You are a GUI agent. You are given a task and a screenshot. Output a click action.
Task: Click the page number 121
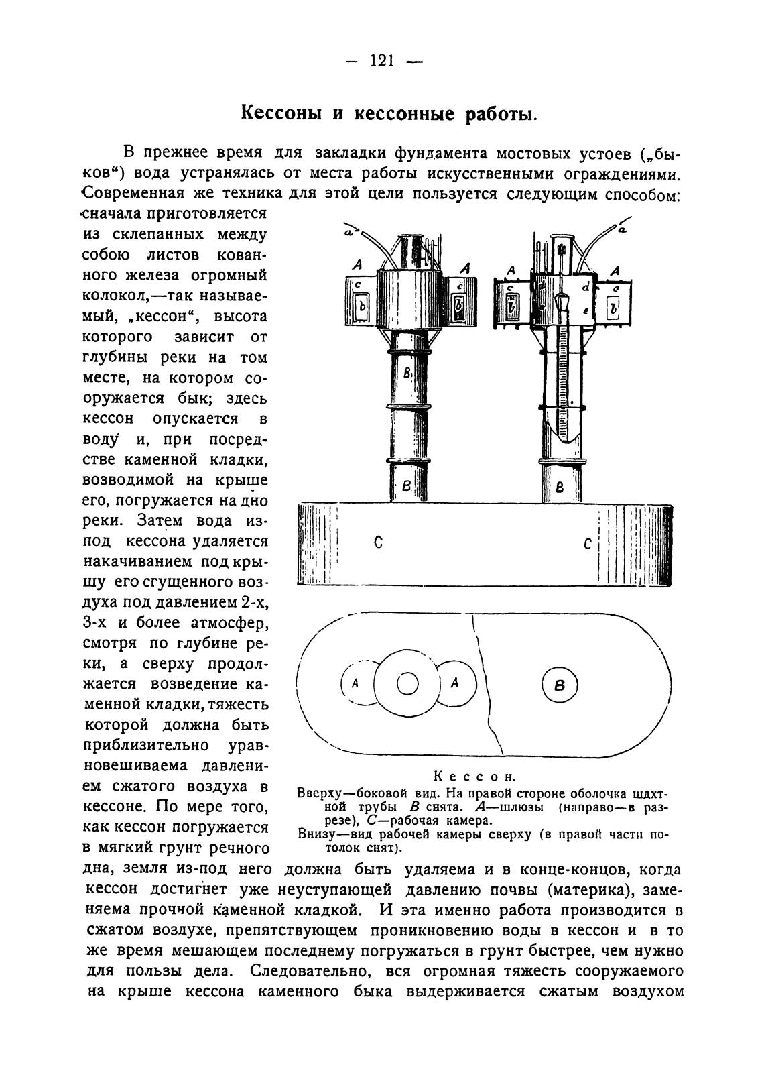pyautogui.click(x=381, y=62)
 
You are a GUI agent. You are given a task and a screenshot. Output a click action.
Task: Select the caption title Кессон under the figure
pyautogui.click(x=474, y=777)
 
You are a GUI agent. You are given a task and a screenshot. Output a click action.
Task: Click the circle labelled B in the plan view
pyautogui.click(x=560, y=685)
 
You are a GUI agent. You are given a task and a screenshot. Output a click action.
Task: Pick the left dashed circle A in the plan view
pyautogui.click(x=356, y=683)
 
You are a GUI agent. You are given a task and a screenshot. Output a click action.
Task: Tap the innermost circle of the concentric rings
pyautogui.click(x=407, y=684)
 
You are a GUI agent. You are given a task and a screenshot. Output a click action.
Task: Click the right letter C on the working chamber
pyautogui.click(x=587, y=543)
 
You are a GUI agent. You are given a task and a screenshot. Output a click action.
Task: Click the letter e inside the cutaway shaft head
pyautogui.click(x=586, y=310)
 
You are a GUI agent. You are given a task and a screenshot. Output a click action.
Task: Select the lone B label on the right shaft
pyautogui.click(x=560, y=488)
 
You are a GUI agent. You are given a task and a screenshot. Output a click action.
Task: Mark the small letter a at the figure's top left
pyautogui.click(x=348, y=232)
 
